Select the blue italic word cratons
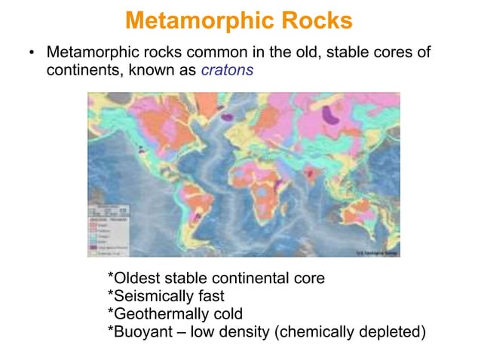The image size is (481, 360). tap(227, 72)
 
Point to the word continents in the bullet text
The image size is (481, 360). tap(83, 72)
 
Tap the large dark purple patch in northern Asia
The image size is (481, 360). tap(330, 114)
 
